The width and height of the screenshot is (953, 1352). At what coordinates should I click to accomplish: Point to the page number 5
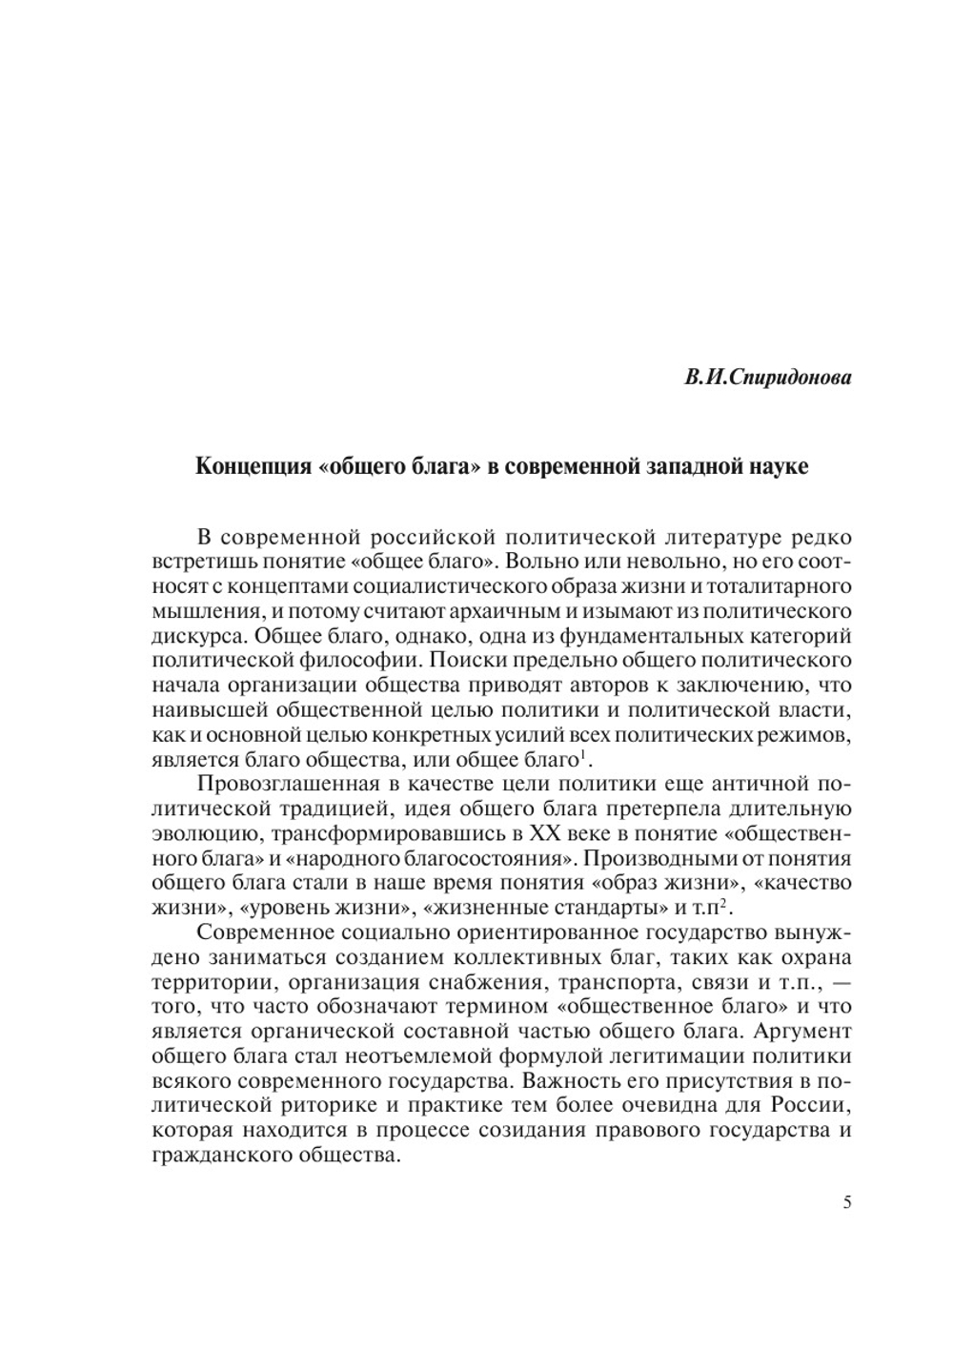click(x=846, y=1202)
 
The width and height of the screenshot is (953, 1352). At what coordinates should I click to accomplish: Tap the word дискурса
click(x=194, y=636)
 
